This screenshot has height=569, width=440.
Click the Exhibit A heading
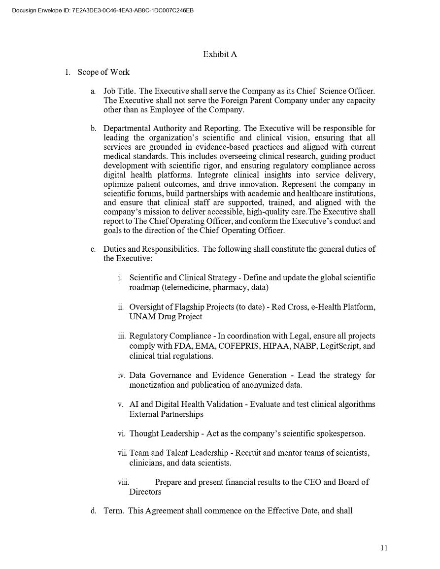220,54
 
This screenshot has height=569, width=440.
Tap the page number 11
384,548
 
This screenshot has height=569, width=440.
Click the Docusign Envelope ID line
102,10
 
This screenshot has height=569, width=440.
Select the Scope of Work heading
103,72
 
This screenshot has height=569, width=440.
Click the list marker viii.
123,482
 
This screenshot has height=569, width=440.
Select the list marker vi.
121,434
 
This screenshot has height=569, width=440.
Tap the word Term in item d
113,511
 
